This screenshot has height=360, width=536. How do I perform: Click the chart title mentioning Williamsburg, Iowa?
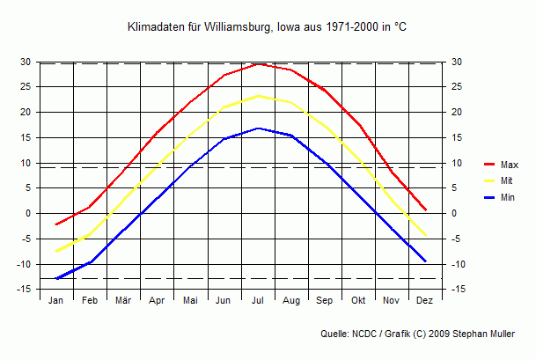click(x=268, y=28)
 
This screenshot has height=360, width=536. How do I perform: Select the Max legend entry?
click(x=509, y=165)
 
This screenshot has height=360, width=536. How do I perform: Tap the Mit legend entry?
click(x=507, y=180)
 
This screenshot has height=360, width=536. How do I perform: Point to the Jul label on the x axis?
click(x=258, y=301)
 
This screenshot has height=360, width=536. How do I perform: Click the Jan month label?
click(x=56, y=301)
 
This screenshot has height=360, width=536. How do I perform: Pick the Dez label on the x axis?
click(x=425, y=301)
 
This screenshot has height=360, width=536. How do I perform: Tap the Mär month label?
click(x=123, y=301)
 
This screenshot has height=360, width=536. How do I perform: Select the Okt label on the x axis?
click(x=358, y=301)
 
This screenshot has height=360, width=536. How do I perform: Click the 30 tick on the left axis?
click(x=26, y=62)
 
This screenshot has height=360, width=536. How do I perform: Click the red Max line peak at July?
click(x=258, y=63)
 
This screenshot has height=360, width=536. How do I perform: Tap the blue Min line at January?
click(x=56, y=279)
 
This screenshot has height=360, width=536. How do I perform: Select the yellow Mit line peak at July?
click(x=258, y=96)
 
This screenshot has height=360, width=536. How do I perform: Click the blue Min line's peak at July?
click(x=258, y=128)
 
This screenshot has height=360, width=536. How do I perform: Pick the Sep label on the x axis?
click(x=325, y=301)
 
